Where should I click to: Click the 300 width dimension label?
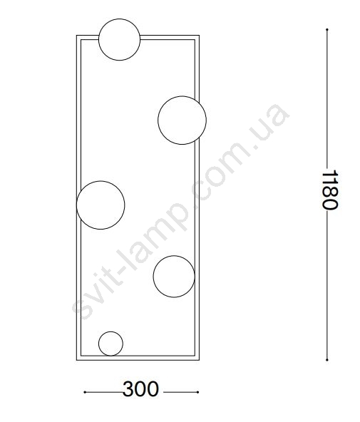[x=140, y=389]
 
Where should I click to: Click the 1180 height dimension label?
[x=330, y=190]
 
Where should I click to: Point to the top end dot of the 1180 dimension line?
[x=327, y=29]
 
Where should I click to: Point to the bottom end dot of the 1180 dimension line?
[x=327, y=359]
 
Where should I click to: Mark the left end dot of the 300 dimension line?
[x=85, y=392]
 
